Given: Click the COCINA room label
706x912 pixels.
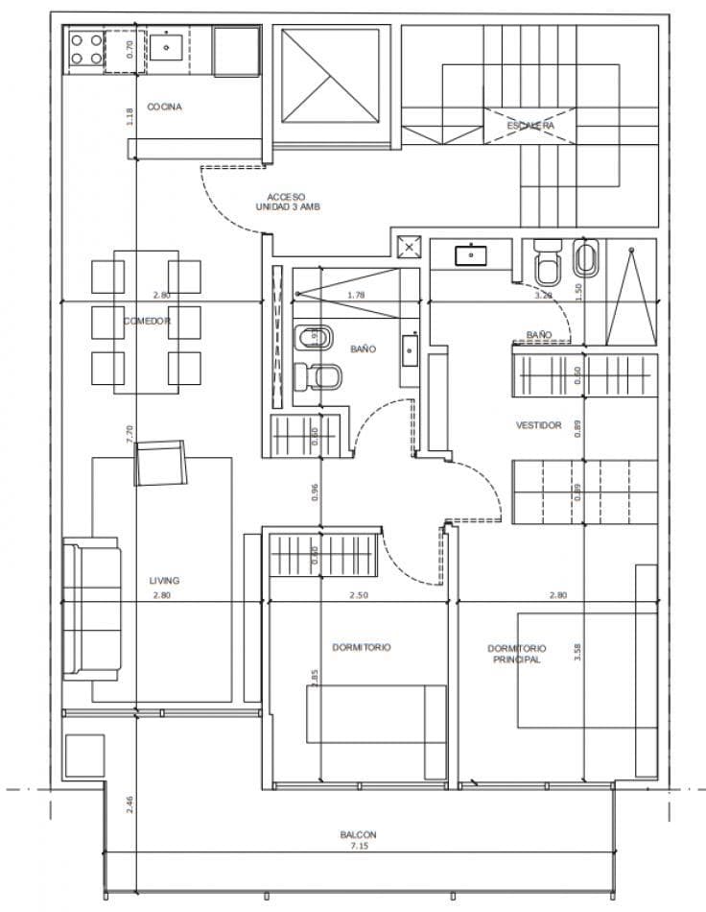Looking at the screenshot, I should click(164, 107).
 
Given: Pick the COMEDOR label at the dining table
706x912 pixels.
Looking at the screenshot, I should click(147, 321).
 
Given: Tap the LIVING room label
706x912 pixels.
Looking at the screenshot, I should click(164, 580).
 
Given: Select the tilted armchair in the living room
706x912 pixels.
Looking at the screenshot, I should click(161, 464).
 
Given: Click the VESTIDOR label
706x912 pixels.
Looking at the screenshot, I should click(538, 424).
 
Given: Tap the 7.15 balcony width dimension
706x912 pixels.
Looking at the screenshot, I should click(358, 847).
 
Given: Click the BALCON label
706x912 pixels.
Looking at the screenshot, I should click(358, 835).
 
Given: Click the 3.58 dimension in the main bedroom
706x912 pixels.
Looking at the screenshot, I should click(577, 652).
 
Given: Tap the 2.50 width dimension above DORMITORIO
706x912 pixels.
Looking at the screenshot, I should click(358, 595).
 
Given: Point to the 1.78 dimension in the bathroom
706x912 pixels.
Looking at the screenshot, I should click(355, 295).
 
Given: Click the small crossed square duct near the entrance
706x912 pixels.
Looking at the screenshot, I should click(410, 248).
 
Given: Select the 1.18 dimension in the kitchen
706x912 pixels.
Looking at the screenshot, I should click(129, 116).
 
